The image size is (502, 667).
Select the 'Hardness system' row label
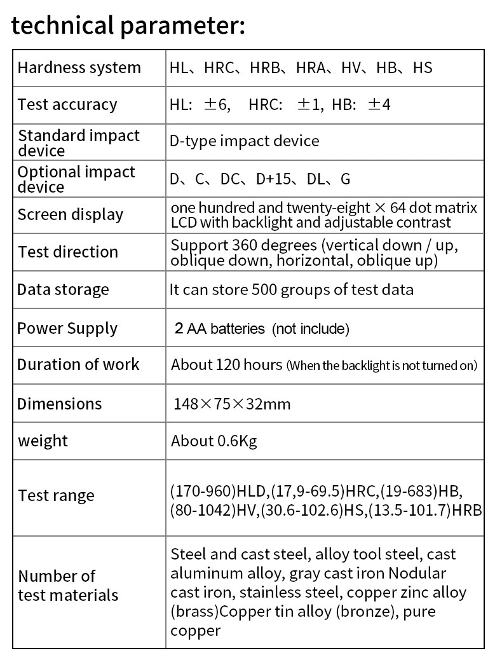coord(79,67)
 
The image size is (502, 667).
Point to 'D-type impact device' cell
coord(244,141)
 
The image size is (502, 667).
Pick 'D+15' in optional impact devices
coord(273,179)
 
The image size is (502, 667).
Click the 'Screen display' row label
coord(70,214)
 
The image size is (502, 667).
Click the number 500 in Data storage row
coord(264,289)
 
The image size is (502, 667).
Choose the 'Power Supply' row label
coord(67,328)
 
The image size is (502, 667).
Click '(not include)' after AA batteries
coord(311,329)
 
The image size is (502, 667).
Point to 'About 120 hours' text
coord(226,364)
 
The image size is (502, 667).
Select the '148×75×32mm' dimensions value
coord(232,404)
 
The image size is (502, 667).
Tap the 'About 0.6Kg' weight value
coord(214,441)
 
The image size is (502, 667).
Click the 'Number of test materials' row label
coord(68,586)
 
